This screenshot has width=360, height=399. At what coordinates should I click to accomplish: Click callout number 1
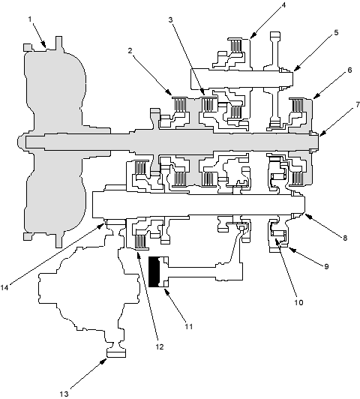point(30,19)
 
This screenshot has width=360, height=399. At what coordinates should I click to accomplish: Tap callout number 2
point(130,51)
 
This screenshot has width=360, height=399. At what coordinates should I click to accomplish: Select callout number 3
point(171,19)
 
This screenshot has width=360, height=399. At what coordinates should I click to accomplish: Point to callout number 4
point(283,5)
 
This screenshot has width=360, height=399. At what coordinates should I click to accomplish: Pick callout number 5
point(336,32)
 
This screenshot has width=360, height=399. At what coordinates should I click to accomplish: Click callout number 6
point(349,70)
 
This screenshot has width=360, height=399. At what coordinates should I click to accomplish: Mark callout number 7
point(358,104)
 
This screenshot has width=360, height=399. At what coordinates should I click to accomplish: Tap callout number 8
point(345,238)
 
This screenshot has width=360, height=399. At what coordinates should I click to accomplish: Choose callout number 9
point(326,266)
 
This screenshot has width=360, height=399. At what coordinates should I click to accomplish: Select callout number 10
point(299,302)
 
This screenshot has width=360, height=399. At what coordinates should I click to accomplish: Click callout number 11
point(189,326)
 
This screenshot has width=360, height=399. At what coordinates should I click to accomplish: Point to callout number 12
point(160,346)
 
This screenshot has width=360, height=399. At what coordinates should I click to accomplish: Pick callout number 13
point(64,394)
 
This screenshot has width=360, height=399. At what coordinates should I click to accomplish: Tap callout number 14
point(4,288)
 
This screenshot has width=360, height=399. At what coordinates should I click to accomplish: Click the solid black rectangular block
point(154,272)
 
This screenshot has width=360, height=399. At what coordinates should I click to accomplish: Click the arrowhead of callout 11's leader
point(166,292)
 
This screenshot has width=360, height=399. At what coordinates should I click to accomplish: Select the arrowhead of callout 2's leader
point(168,91)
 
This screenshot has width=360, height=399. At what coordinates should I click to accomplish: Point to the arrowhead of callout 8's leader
point(308,216)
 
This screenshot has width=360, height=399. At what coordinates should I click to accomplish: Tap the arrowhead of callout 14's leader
point(101,226)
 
